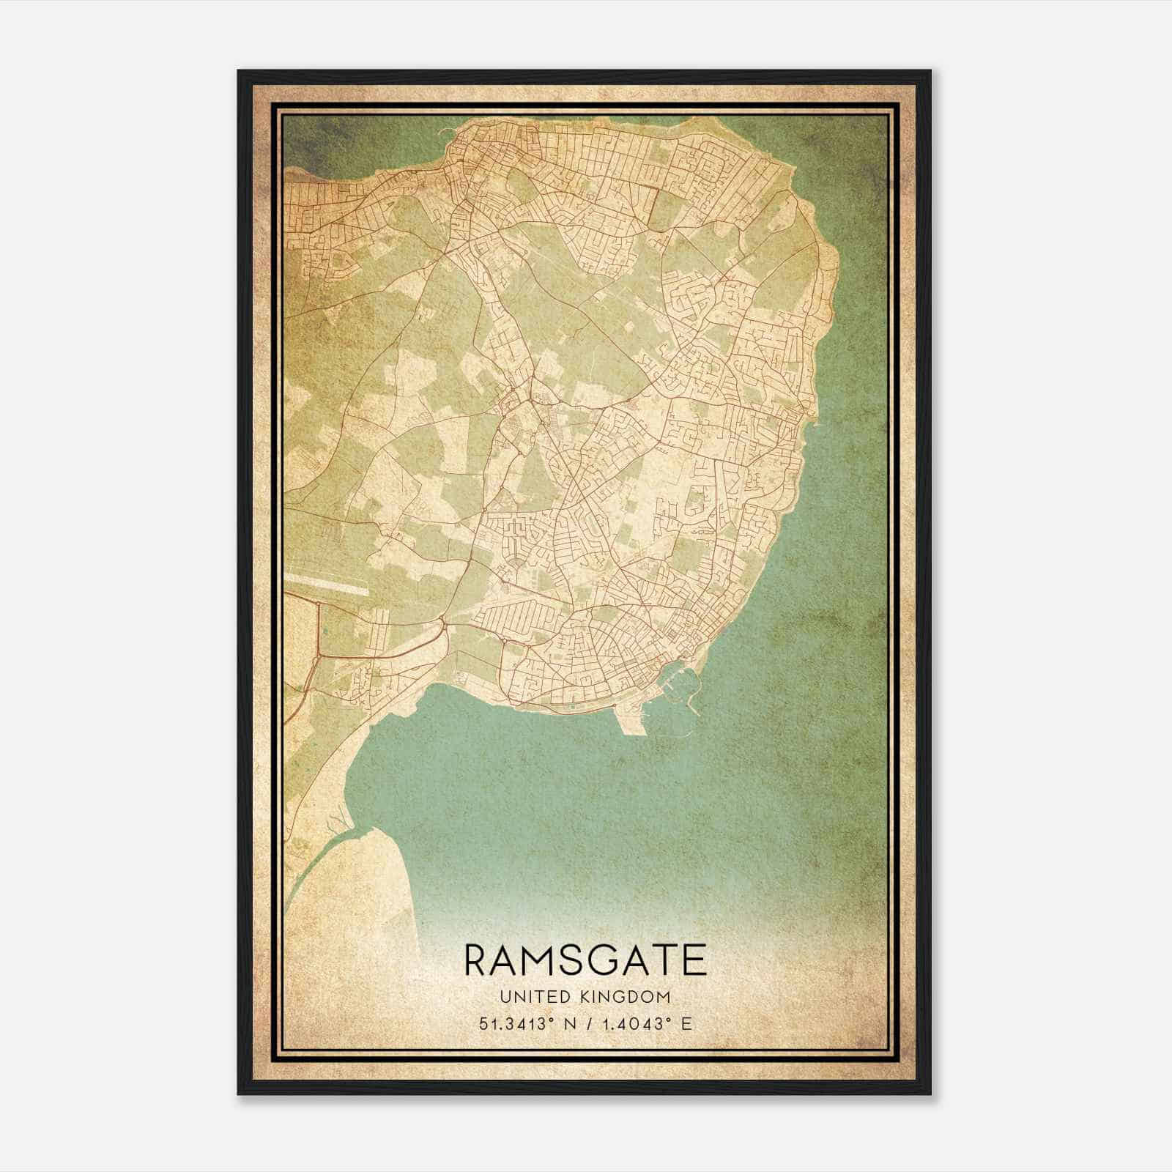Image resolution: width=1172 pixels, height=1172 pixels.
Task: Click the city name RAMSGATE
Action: [585, 960]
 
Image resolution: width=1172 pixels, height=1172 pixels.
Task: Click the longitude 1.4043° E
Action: [644, 1024]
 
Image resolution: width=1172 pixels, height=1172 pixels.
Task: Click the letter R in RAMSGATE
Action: [477, 960]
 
